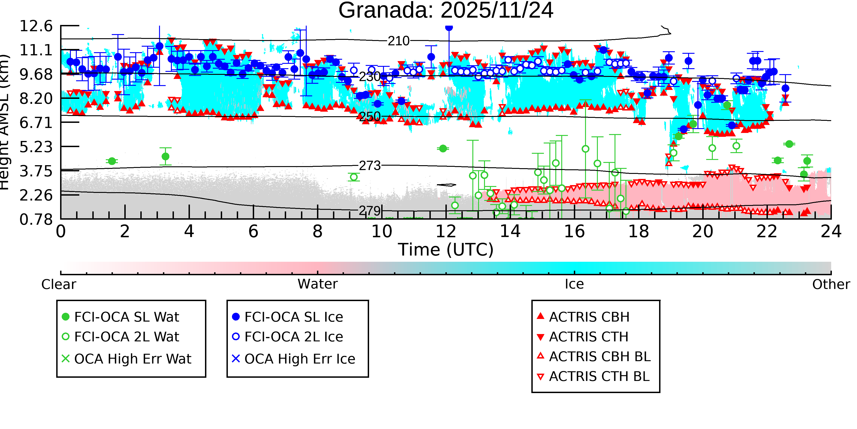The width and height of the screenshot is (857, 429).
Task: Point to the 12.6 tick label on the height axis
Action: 36,26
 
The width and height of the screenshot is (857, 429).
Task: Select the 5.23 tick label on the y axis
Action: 36,147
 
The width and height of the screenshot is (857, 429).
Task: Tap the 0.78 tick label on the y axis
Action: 36,219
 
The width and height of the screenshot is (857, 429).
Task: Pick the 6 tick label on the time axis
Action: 253,232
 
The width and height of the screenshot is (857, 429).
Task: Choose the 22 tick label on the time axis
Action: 767,232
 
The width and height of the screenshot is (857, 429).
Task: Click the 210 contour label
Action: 399,41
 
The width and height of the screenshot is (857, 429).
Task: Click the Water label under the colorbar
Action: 317,284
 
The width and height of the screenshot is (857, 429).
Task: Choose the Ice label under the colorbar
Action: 574,284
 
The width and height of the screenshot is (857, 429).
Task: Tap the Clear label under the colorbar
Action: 59,284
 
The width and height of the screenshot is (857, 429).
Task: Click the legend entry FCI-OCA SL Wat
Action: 126,317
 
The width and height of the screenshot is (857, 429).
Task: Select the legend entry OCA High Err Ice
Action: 299,359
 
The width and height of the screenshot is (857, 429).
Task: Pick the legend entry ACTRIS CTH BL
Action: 599,376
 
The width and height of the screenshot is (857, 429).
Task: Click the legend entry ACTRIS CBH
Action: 589,317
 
